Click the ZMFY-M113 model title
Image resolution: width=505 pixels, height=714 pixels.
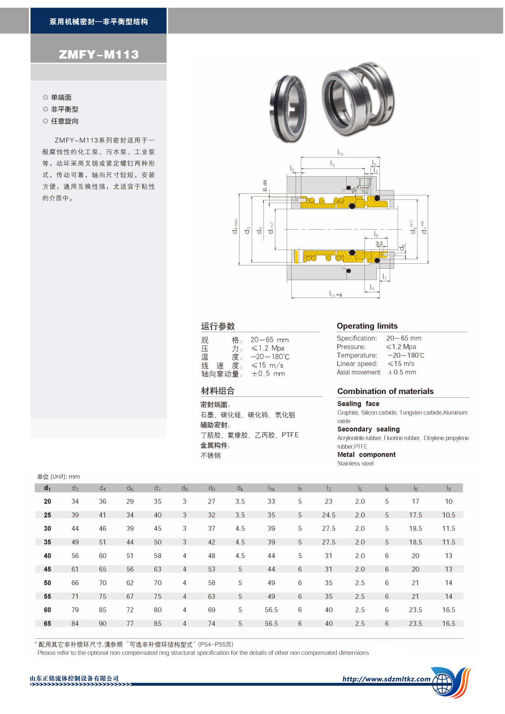coord(99,54)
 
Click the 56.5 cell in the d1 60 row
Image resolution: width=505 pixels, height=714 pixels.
coord(271,610)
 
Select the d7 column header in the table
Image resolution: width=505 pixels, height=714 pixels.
coord(158,488)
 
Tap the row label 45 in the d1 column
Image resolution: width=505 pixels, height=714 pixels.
coord(48,569)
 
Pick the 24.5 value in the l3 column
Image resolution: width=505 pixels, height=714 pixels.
coord(329,515)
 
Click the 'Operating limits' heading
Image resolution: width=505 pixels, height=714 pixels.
coord(367,326)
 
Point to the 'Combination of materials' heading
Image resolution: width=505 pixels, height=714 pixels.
coord(385,391)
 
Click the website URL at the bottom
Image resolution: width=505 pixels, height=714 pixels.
coord(386,679)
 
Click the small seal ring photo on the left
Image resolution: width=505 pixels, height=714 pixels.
coord(288,109)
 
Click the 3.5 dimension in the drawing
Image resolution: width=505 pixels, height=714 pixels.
coord(379,244)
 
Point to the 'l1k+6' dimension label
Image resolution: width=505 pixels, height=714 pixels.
coord(336,294)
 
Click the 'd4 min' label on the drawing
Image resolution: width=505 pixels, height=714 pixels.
coord(235,226)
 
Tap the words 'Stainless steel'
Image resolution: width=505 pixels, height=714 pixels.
coord(355,463)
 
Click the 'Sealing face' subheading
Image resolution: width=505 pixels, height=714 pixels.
coord(358,403)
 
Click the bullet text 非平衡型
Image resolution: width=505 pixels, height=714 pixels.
coord(64,109)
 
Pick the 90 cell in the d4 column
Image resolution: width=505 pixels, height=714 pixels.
coord(103,623)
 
